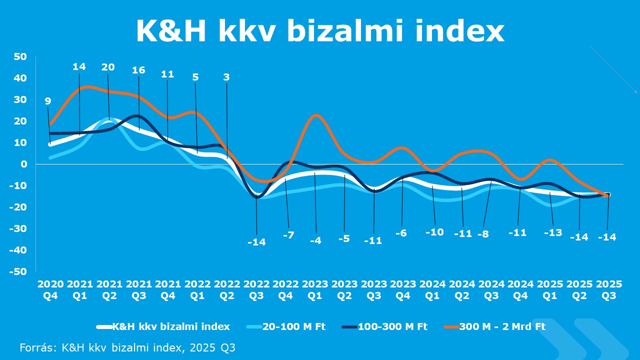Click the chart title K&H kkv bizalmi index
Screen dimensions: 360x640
pos(320,31)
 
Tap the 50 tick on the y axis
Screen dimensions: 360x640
pos(20,56)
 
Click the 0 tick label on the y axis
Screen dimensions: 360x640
pos(23,164)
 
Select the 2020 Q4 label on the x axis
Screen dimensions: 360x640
pos(50,289)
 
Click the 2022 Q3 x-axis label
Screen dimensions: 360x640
pos(256,289)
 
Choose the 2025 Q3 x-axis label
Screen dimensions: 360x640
pos(609,289)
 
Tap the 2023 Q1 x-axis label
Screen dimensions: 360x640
pos(315,289)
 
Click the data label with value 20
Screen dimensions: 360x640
pos(108,67)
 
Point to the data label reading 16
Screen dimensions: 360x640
pos(138,70)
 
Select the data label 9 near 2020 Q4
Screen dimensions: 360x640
pos(48,101)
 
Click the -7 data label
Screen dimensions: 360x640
pos(288,234)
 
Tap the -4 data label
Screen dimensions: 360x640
pos(315,240)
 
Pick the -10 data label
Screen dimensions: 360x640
pos(434,232)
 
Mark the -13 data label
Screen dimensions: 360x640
pos(552,232)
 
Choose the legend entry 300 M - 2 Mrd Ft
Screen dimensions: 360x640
pos(502,326)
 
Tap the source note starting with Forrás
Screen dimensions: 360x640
pos(127,347)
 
